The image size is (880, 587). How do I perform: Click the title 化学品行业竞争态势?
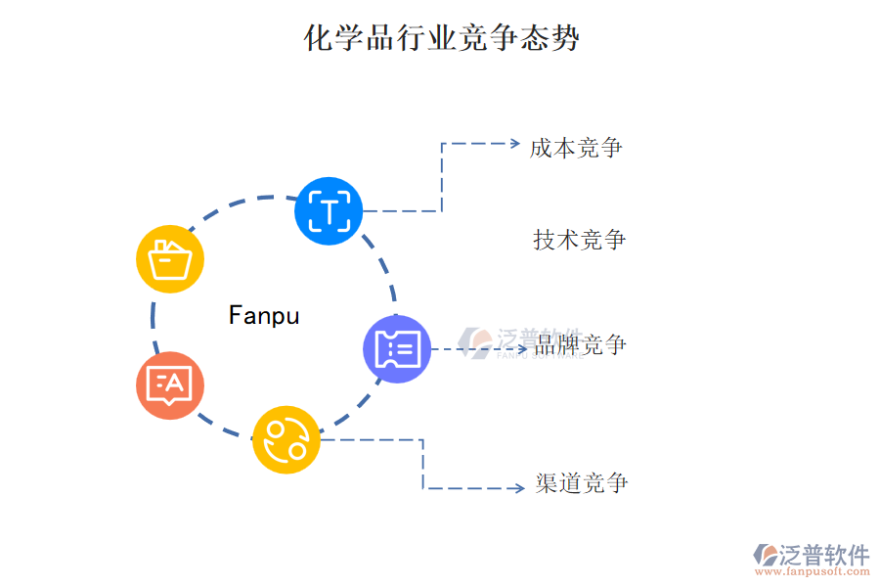tap(442, 39)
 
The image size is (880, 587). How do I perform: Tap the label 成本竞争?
tap(576, 148)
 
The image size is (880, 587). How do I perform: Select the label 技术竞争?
tap(580, 240)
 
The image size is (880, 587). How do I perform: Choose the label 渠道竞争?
tap(582, 483)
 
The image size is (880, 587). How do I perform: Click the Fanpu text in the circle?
tap(264, 315)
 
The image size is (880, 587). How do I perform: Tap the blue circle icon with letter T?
tap(329, 211)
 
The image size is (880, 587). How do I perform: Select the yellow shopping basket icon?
tap(170, 259)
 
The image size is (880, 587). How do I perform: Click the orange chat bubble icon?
tap(170, 384)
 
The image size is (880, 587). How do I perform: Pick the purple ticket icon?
tap(397, 348)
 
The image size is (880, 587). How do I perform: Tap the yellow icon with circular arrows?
tap(286, 439)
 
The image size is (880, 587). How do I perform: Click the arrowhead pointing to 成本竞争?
tap(514, 143)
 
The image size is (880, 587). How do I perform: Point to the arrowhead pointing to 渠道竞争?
tap(519, 488)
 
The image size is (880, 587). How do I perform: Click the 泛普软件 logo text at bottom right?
tap(824, 555)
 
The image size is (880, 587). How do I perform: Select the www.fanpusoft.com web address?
tap(818, 574)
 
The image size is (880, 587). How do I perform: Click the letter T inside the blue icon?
tap(330, 211)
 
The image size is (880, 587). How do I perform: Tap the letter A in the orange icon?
tap(176, 382)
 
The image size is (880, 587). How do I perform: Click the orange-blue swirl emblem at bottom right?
tap(764, 555)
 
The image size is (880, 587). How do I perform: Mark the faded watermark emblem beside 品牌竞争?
tap(476, 339)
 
